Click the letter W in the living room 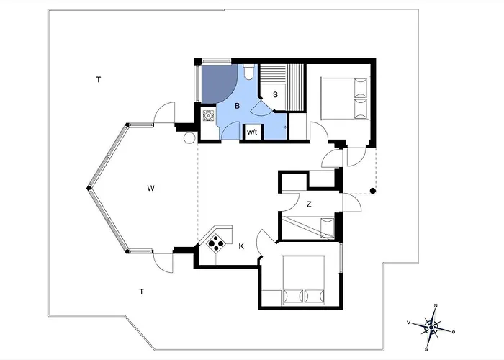(150, 189)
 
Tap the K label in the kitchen (241, 246)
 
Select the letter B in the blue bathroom (237, 106)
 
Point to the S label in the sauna (275, 95)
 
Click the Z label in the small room (309, 204)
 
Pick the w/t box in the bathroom (252, 132)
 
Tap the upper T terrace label (99, 79)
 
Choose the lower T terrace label (141, 292)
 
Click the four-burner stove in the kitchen (216, 243)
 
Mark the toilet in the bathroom (248, 71)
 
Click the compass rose (431, 327)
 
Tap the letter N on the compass (436, 305)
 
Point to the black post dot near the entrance (373, 191)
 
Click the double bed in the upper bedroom (345, 99)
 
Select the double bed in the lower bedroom (304, 279)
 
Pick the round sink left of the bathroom (208, 114)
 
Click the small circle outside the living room (189, 138)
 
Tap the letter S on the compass (427, 349)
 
